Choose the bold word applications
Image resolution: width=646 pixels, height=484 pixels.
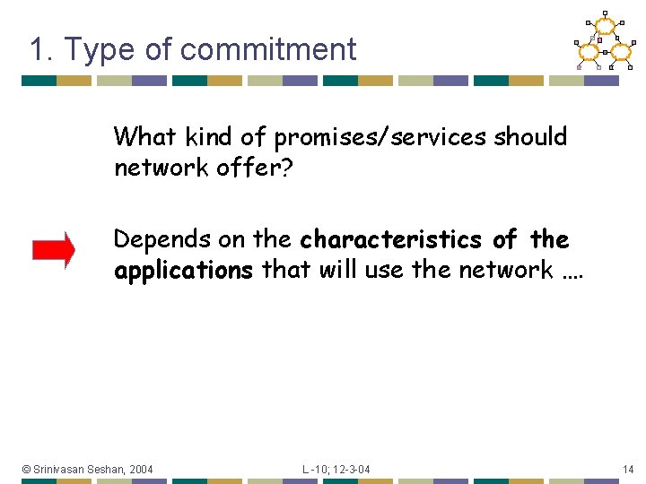(x=183, y=271)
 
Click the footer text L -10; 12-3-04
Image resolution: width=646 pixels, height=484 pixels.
(x=336, y=469)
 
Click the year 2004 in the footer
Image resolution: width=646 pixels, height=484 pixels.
(x=140, y=469)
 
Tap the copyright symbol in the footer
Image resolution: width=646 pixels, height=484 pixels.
(x=27, y=469)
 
